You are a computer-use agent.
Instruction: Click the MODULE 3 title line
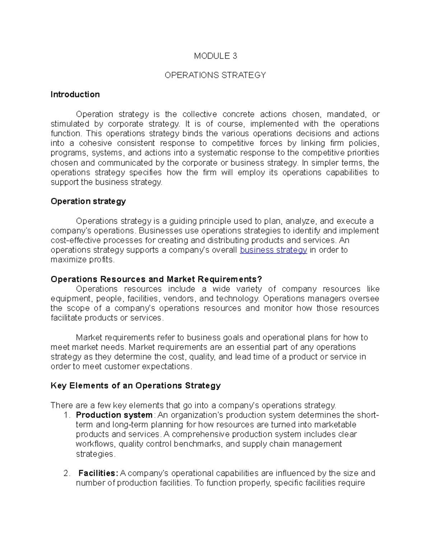[215, 56]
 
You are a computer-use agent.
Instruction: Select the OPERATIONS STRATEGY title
[215, 75]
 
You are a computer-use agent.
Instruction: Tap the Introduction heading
[75, 95]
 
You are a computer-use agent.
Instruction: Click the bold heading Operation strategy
[88, 202]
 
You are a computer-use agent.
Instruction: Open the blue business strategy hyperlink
[273, 250]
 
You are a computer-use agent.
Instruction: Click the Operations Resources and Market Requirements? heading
[157, 279]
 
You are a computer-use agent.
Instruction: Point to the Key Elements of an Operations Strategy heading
[135, 386]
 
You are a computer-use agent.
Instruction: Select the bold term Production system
[114, 415]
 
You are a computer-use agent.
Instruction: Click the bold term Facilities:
[98, 473]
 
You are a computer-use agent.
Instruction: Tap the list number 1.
[66, 415]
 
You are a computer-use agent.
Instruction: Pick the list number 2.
[66, 473]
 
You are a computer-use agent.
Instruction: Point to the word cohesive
[96, 143]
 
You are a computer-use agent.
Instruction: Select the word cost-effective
[75, 240]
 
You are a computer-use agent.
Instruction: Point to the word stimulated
[70, 124]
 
